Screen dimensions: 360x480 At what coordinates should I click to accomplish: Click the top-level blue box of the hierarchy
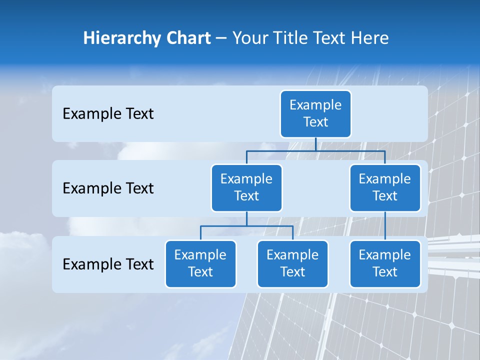pos(315,113)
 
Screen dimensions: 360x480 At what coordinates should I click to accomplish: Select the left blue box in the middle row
pos(246,187)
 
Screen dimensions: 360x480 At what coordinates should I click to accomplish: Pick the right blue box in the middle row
pos(385,187)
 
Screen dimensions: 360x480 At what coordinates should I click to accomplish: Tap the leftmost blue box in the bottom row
pos(200,263)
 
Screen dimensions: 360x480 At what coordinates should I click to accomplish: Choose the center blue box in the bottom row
pos(292,263)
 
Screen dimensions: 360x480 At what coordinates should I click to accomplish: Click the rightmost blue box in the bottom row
pos(385,263)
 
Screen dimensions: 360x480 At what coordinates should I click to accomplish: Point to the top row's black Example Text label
pos(108,114)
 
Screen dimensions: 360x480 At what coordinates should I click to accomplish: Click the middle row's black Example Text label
pos(108,188)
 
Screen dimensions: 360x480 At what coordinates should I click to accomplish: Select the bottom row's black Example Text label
pos(108,264)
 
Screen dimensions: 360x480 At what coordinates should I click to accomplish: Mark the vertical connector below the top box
pos(315,144)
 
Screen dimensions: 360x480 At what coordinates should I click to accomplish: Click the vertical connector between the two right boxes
pos(385,226)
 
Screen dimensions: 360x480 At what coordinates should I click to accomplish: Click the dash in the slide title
pos(221,38)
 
